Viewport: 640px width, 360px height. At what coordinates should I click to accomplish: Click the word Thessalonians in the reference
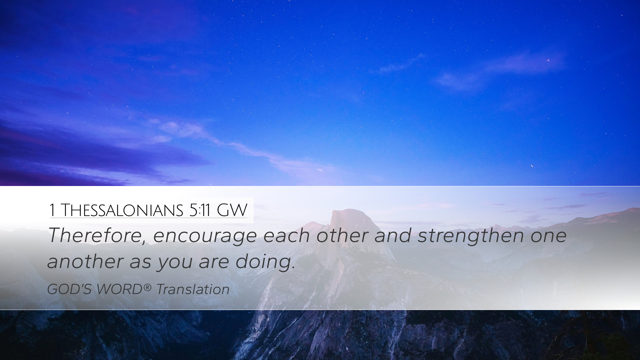pos(122,210)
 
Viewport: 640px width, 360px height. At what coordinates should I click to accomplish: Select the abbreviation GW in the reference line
pos(232,210)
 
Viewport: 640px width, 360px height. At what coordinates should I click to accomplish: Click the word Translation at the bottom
pos(193,289)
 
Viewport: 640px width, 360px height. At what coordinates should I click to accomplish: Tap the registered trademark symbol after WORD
pos(148,287)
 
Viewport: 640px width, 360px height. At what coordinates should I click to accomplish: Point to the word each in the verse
pos(286,236)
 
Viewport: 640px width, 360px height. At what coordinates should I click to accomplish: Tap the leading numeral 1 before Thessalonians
pos(52,210)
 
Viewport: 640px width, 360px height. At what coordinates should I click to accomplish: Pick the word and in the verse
pos(393,236)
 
